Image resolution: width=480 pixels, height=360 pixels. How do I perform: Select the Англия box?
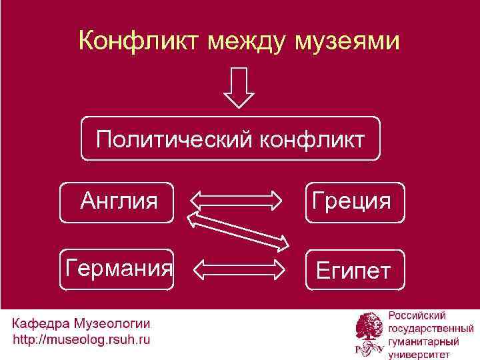coord(117,200)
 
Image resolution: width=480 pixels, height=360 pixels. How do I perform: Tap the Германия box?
coord(117,269)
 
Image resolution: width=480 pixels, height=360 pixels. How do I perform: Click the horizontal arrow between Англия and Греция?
coord(238,199)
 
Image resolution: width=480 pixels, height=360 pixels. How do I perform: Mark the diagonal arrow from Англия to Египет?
coord(238,230)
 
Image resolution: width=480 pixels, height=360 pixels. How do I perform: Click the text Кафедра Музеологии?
coord(81,324)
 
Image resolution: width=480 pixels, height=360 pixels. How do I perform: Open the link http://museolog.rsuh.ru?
coord(81,340)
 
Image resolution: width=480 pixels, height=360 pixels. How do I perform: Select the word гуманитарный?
coord(423,341)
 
